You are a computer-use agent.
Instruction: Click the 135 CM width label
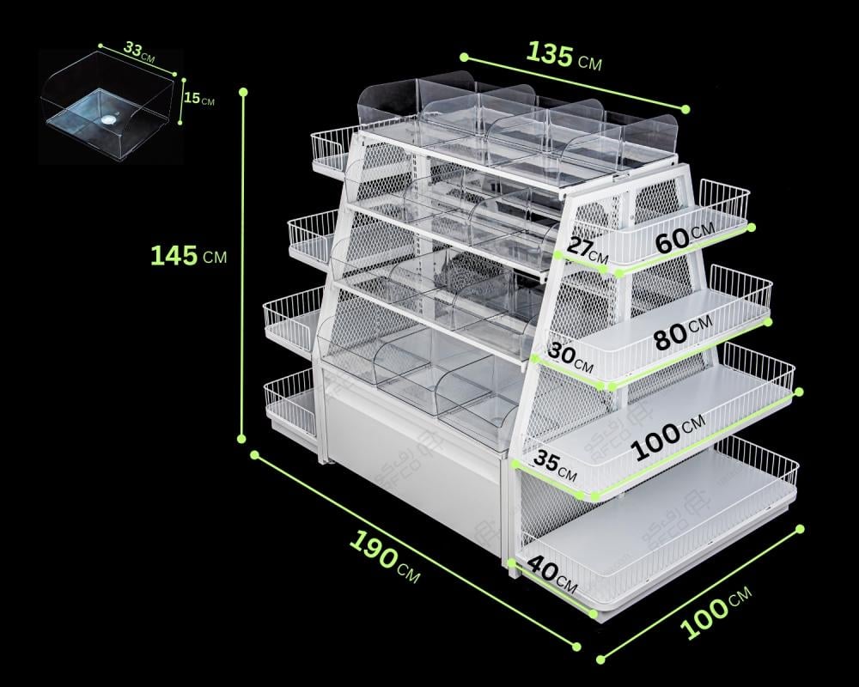click(564, 57)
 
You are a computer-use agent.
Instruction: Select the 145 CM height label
click(188, 256)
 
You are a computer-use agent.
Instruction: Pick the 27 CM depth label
click(588, 248)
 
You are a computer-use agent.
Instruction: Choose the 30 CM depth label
click(570, 356)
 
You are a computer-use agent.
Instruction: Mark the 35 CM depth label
click(554, 463)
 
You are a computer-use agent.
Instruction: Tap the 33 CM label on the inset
click(139, 51)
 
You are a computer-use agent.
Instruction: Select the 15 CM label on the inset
click(199, 99)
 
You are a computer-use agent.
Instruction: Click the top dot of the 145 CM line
click(243, 92)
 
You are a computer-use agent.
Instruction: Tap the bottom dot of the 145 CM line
click(241, 438)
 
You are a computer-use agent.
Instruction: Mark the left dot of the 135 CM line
click(464, 57)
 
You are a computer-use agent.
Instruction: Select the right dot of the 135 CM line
click(685, 109)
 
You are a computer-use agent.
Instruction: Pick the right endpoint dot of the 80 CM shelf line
click(768, 322)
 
